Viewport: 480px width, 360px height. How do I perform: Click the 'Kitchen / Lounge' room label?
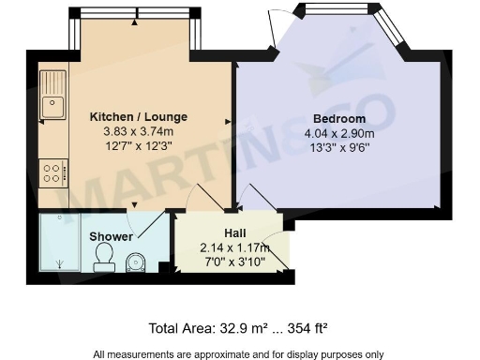[x=139, y=116]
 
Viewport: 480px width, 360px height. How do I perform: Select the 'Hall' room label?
[x=234, y=232]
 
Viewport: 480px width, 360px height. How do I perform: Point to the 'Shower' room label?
[x=111, y=236]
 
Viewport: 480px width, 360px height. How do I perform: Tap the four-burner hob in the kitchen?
[x=52, y=172]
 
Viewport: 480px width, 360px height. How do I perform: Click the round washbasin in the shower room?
[x=137, y=262]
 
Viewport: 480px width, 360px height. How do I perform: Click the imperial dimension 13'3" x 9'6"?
[x=339, y=146]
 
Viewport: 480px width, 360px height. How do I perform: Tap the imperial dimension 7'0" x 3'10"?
[x=234, y=261]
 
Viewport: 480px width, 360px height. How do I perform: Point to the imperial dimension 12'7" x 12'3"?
[x=139, y=145]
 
